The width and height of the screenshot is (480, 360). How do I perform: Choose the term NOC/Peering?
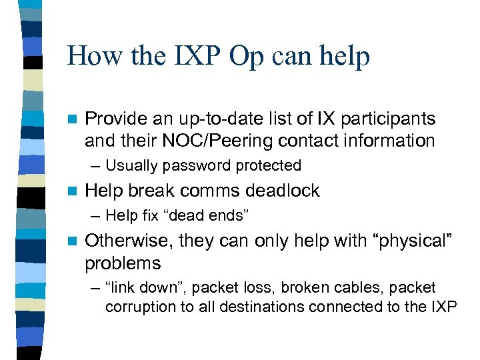pos(219,141)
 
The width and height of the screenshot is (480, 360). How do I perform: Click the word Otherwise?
pos(126,241)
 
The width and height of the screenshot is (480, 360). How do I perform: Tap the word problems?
pos(123,263)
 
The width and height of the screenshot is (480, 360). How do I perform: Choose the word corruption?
pos(139,307)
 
